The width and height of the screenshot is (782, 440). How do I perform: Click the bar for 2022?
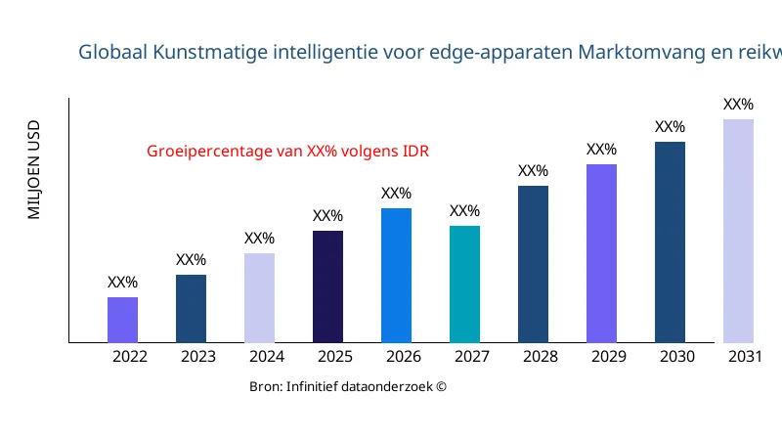tap(122, 320)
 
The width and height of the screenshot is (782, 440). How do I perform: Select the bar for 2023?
tap(191, 308)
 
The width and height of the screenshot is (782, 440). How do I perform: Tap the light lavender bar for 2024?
tap(259, 297)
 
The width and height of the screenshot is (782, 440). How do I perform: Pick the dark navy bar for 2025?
tap(327, 286)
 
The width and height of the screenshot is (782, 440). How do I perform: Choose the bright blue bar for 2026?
tap(396, 275)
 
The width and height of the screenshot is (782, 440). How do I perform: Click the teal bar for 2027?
tap(464, 284)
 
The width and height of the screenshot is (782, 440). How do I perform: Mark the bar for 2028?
tap(533, 264)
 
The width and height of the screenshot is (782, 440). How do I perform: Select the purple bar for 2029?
tap(601, 253)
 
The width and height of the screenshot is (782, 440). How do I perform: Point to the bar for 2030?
tap(670, 242)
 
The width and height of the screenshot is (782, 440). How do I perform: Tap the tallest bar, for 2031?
tap(738, 231)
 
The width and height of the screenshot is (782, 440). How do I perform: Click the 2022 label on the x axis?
tap(130, 357)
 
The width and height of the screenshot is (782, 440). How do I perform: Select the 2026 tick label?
tap(404, 357)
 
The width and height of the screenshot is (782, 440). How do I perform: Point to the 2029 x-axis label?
tap(609, 357)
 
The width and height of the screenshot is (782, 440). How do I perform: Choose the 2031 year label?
tap(746, 357)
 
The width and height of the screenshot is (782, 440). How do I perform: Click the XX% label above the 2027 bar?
tap(464, 211)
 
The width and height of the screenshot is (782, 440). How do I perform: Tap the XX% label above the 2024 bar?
tap(259, 239)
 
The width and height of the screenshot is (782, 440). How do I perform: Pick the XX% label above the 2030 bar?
tap(670, 127)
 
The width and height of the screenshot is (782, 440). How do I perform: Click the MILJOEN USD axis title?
tap(34, 169)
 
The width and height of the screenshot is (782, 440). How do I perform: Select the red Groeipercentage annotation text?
tap(287, 152)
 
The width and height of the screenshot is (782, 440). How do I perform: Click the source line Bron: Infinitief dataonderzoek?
tap(348, 387)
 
